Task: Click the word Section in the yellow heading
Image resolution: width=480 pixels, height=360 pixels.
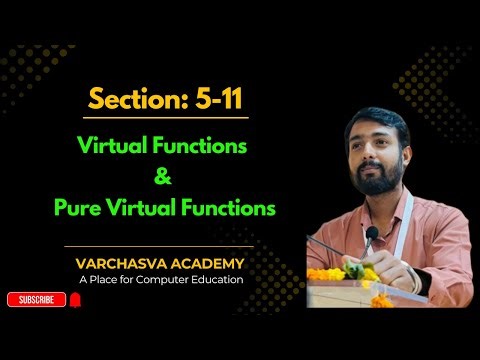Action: pos(126,101)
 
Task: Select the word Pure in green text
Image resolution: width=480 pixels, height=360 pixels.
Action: pos(80,210)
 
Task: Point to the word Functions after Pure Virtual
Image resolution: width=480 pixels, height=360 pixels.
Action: pos(225,210)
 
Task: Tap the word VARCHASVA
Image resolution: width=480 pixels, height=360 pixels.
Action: pos(118,263)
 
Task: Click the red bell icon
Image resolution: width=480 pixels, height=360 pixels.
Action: pos(74,299)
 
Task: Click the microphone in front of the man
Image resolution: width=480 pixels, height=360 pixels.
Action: pos(371,235)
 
